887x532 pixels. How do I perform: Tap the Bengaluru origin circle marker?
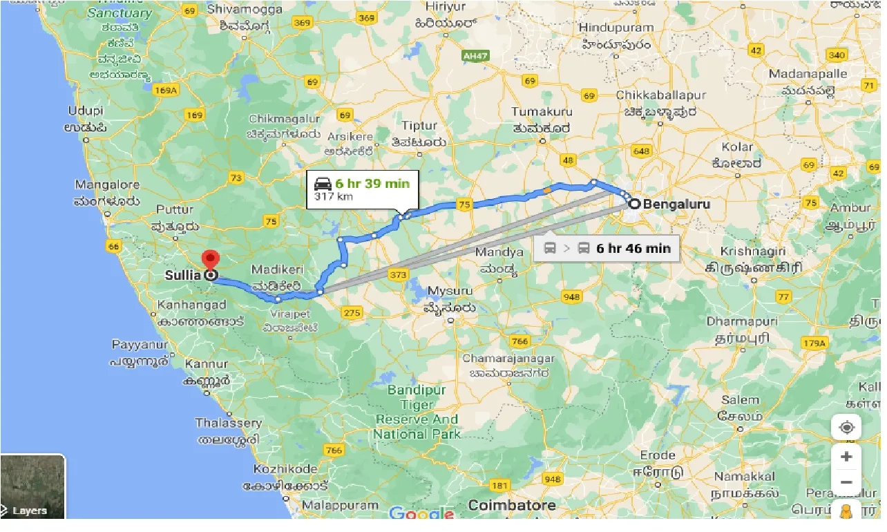click(633, 204)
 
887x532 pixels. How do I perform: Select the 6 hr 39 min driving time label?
click(372, 183)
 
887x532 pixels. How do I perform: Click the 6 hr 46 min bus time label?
click(633, 249)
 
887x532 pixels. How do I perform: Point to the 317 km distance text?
click(334, 197)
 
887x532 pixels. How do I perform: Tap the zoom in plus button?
click(846, 457)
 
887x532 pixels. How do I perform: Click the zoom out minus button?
click(846, 482)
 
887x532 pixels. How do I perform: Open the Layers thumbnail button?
click(32, 486)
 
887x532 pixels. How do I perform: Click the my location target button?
click(846, 428)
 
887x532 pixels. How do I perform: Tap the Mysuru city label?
click(450, 291)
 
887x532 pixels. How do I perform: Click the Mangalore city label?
click(107, 185)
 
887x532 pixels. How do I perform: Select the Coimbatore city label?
click(511, 506)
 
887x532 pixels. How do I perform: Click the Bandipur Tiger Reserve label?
click(417, 412)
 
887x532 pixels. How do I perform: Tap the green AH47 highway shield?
click(475, 55)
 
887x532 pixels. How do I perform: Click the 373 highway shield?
click(398, 275)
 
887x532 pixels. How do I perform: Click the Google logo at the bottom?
click(421, 513)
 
